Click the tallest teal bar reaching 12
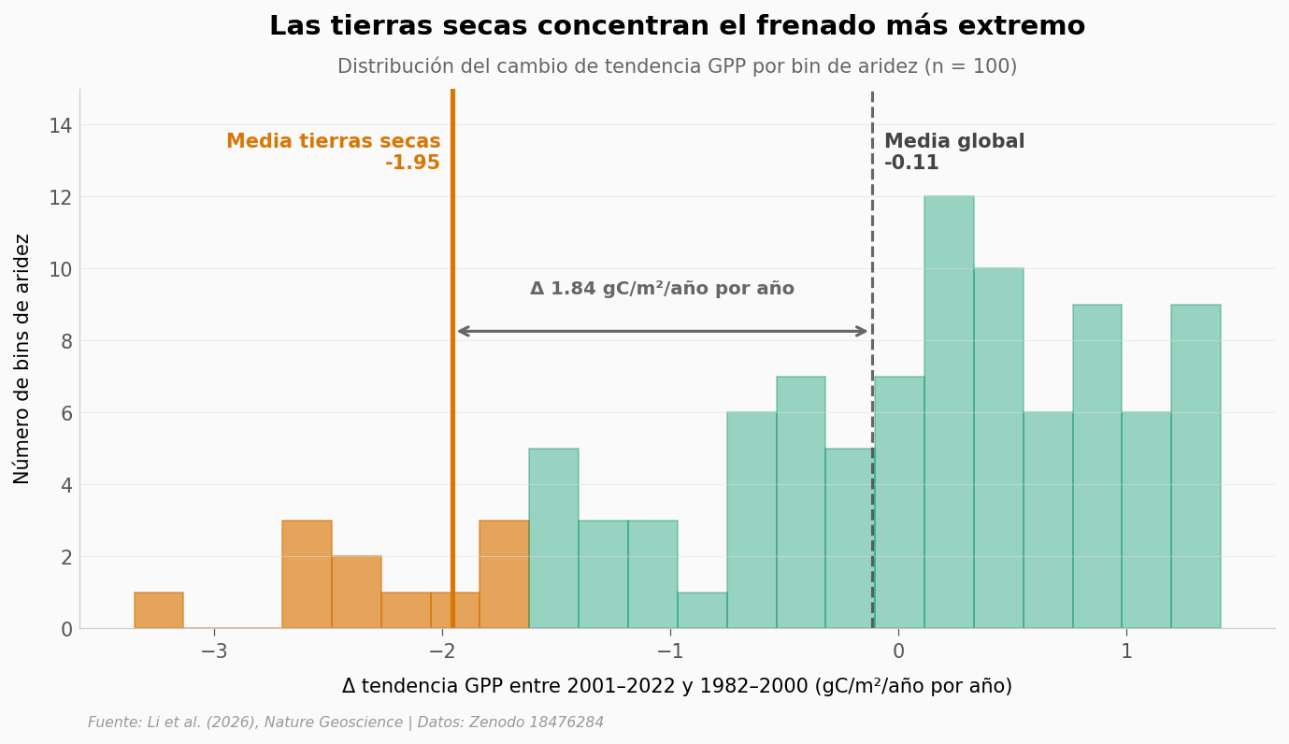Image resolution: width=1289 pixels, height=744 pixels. point(949,411)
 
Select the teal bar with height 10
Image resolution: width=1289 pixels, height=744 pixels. point(998,449)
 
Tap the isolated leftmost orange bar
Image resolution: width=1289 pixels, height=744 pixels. point(159,610)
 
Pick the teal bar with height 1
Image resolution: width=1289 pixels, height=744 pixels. point(702,610)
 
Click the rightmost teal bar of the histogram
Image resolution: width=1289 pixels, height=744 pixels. point(1196,467)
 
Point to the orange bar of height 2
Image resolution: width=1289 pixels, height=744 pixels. point(356,593)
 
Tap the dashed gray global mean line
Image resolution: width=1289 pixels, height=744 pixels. point(872,234)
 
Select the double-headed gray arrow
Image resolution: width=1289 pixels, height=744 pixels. point(662,331)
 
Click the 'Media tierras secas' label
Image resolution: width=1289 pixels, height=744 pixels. point(333,142)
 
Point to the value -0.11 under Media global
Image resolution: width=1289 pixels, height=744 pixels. point(911,164)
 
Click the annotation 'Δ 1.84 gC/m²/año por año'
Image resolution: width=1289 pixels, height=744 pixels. point(662,290)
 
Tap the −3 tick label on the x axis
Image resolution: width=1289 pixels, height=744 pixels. point(214,651)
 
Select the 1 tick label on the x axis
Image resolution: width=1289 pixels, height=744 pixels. point(1126,651)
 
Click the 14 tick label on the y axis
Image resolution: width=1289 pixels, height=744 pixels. point(60,125)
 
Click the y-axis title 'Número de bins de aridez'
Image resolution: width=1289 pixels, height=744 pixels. point(22,358)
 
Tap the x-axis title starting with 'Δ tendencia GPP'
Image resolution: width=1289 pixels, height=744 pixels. point(677,687)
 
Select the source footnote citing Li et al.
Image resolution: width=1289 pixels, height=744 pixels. point(346,723)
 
